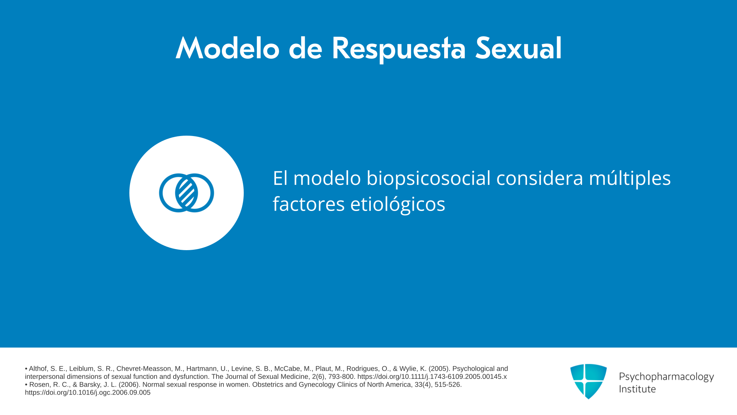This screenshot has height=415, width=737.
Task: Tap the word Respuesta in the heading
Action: tap(398, 49)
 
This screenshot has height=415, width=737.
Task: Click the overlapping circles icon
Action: tap(187, 193)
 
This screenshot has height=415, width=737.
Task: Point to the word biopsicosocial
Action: tap(428, 178)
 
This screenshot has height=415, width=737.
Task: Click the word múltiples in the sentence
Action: tap(630, 178)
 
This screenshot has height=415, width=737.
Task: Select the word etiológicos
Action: tap(398, 204)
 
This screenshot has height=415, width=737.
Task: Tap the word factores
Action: tap(309, 204)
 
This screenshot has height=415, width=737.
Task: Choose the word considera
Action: tap(540, 178)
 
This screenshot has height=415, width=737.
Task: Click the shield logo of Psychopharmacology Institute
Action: tap(588, 381)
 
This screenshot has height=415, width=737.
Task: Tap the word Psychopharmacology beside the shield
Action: tap(666, 377)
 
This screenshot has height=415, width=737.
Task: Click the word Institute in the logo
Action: tap(637, 389)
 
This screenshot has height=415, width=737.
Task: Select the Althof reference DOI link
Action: tap(432, 377)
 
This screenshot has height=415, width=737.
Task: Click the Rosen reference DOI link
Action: tap(88, 393)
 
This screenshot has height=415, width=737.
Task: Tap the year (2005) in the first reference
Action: tap(439, 369)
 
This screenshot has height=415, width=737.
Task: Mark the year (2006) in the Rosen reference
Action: tap(129, 385)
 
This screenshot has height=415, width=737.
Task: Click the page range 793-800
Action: tap(341, 377)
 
